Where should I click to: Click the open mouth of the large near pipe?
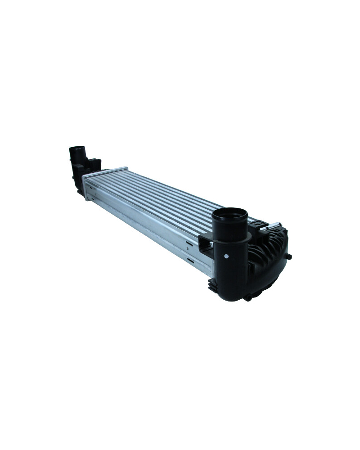[229, 215]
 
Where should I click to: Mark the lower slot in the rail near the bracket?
[190, 260]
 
